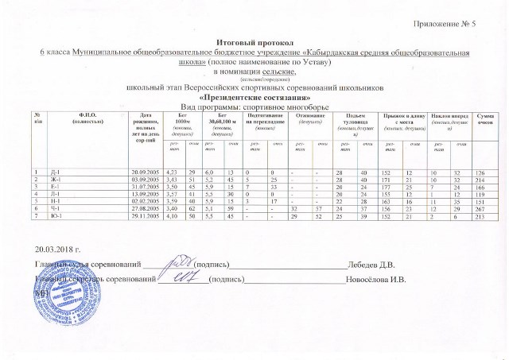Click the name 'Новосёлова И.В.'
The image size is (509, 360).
375,280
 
